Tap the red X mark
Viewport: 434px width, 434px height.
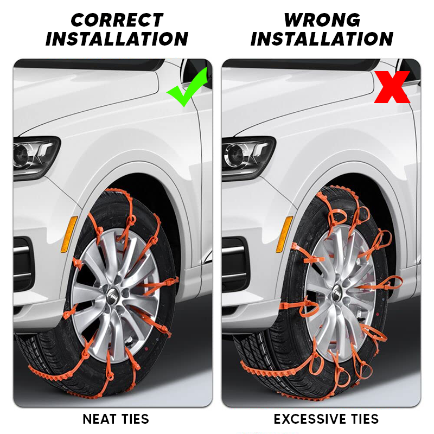[x=392, y=87]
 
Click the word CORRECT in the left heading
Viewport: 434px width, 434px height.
[x=117, y=20]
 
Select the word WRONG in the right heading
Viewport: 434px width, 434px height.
[x=322, y=20]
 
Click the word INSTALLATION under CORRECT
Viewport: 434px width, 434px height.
[x=117, y=39]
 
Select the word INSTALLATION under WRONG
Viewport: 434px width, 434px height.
[x=322, y=39]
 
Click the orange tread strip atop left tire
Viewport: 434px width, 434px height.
[x=119, y=192]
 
